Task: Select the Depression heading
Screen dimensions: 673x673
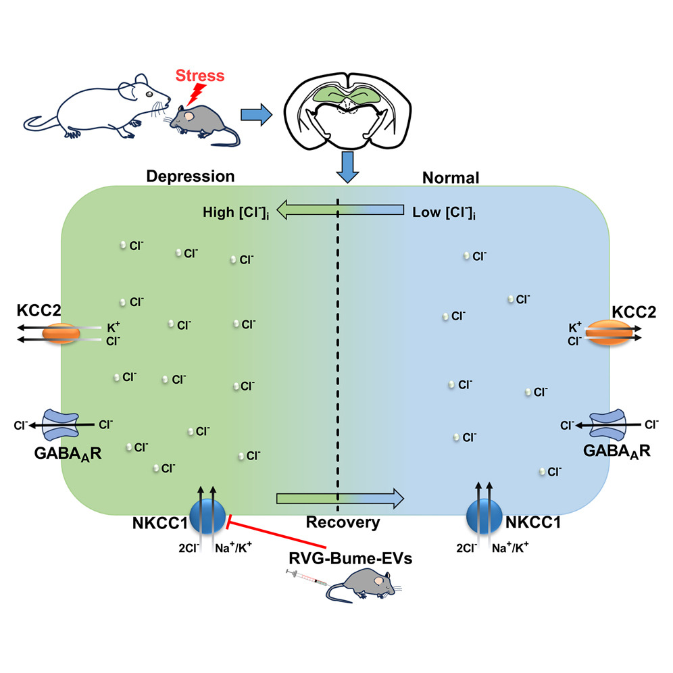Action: pos(191,177)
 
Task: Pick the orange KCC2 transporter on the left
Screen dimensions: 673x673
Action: pos(63,334)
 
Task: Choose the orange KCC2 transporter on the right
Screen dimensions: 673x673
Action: pos(610,333)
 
